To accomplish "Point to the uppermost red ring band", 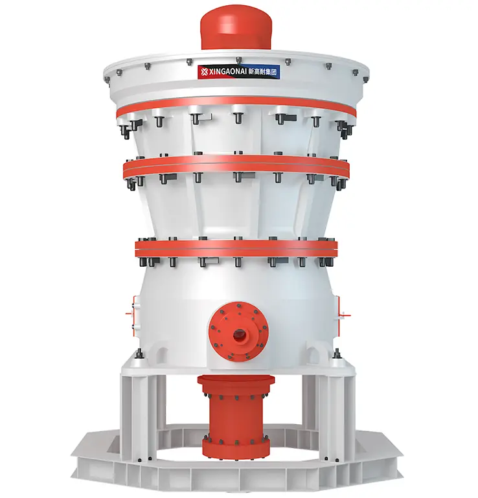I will [236, 103].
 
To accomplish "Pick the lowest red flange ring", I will [236, 247].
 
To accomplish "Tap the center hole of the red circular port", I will [239, 335].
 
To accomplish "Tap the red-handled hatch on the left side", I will [135, 311].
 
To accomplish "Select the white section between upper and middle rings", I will [236, 136].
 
